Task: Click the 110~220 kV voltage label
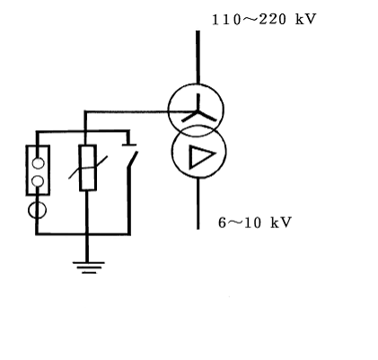coord(264,20)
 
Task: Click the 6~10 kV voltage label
coord(255,223)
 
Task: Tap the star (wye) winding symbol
coord(198,109)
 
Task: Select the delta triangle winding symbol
coord(201,157)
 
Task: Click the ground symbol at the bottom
coord(89,268)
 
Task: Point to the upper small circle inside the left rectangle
coord(38,162)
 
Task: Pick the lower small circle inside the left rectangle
coord(38,181)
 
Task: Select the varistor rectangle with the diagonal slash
coord(88,168)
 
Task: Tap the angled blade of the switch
coord(133,160)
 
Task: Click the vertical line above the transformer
coord(198,57)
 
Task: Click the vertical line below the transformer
coord(198,204)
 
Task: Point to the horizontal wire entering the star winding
coord(140,112)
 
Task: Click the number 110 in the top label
coord(226,20)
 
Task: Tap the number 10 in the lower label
coord(252,223)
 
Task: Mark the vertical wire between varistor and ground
coord(87,226)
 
